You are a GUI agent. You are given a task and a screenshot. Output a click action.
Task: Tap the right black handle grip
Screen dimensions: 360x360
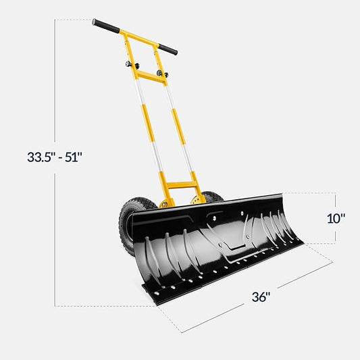pos(167,49)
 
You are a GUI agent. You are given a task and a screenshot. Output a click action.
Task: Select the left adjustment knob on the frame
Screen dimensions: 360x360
pos(128,65)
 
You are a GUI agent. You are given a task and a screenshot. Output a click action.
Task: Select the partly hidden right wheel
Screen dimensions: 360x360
pos(213,197)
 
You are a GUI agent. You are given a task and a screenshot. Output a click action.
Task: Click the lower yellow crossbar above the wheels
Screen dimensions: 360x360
pos(180,183)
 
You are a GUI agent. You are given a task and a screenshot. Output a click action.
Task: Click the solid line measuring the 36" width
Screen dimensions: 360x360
pos(257,297)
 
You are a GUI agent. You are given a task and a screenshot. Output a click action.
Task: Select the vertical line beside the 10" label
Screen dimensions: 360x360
pos(335,218)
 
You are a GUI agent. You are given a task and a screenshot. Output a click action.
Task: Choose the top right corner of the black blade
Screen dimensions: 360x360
pos(302,196)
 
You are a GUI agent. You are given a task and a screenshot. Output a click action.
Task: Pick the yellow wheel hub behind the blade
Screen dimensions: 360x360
pos(197,200)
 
